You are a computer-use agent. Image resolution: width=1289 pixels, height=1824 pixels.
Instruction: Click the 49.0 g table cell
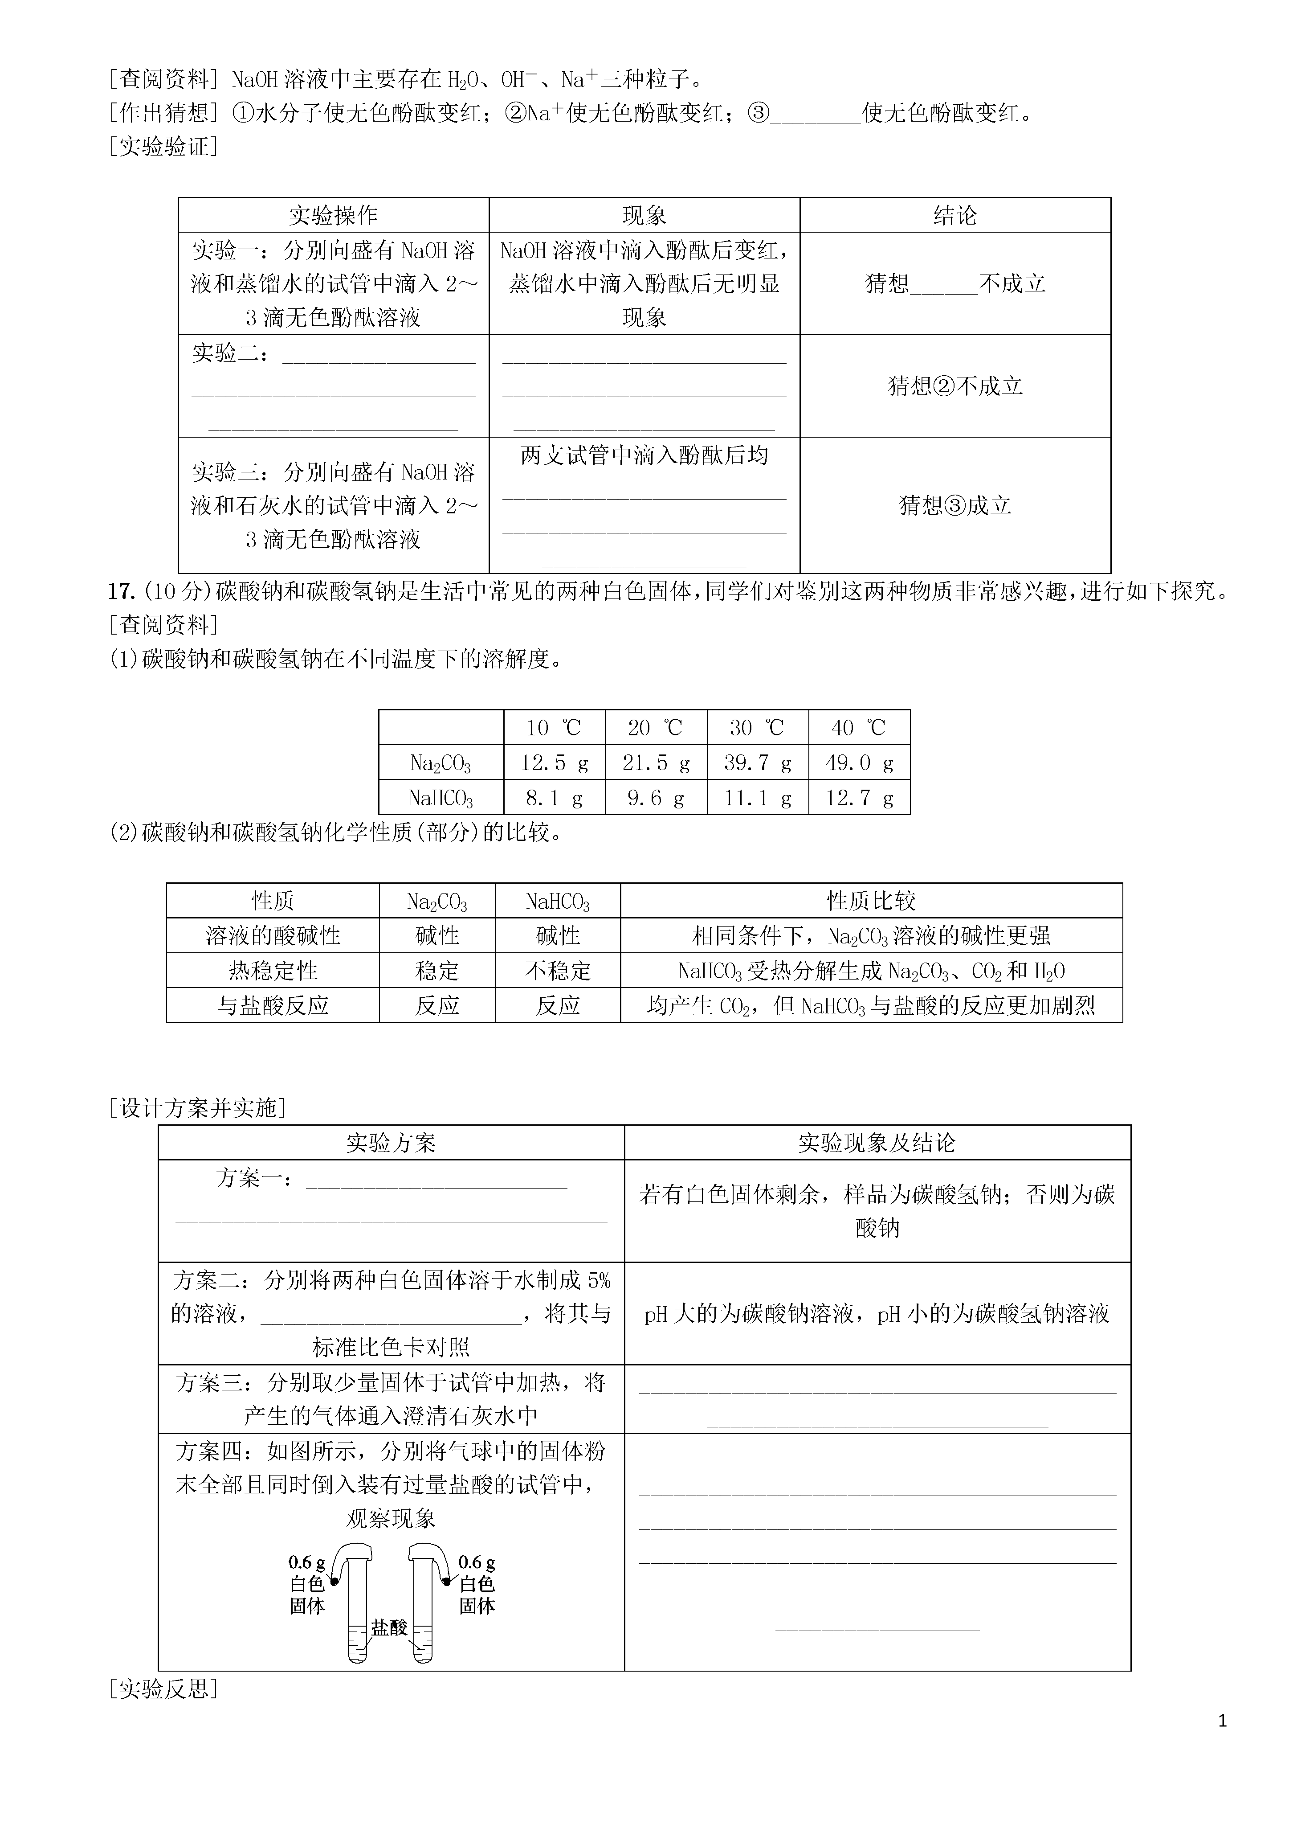click(859, 762)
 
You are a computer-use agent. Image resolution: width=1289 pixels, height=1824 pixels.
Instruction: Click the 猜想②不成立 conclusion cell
click(955, 386)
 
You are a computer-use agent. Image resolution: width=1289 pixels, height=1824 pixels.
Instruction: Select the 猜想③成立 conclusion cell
click(955, 505)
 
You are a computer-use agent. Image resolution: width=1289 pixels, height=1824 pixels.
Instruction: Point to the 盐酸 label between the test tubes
click(389, 1628)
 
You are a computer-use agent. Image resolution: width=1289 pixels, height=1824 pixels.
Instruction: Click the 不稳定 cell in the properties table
click(558, 971)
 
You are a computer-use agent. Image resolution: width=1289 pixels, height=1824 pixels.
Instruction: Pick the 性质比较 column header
click(871, 901)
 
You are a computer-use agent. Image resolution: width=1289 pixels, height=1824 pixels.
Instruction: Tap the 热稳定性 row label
click(273, 971)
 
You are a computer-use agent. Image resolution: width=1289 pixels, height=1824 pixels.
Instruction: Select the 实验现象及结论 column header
click(877, 1143)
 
